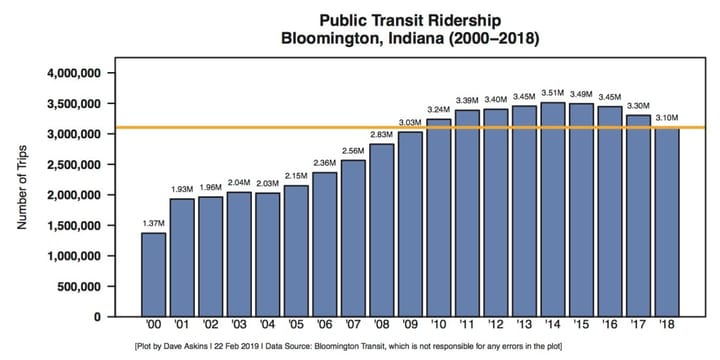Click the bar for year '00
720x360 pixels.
pos(153,275)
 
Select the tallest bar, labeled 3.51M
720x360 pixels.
pos(552,210)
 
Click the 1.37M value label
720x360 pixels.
pos(153,222)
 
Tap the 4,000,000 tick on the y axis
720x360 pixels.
pos(76,73)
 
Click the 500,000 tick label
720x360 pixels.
pos(84,286)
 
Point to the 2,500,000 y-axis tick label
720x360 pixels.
pos(76,165)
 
